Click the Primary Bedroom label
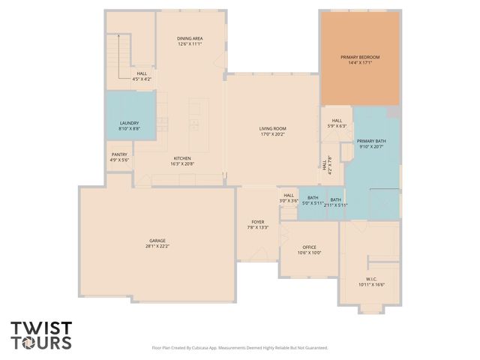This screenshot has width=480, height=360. [x=360, y=57]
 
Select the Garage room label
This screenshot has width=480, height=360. [x=157, y=241]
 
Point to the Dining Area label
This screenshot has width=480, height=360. [x=190, y=38]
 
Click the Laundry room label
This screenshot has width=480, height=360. [x=129, y=123]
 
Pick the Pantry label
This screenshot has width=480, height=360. [x=119, y=155]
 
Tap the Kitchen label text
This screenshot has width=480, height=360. [x=182, y=158]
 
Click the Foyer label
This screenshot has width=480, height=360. [x=257, y=223]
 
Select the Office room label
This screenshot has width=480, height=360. [x=309, y=247]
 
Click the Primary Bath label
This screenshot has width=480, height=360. [x=371, y=141]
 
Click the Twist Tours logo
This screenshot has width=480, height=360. [x=41, y=335]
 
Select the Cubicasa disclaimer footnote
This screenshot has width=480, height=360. [x=240, y=348]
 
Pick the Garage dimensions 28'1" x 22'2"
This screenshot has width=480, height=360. [x=157, y=246]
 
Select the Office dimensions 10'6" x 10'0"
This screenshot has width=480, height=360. [x=309, y=253]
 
